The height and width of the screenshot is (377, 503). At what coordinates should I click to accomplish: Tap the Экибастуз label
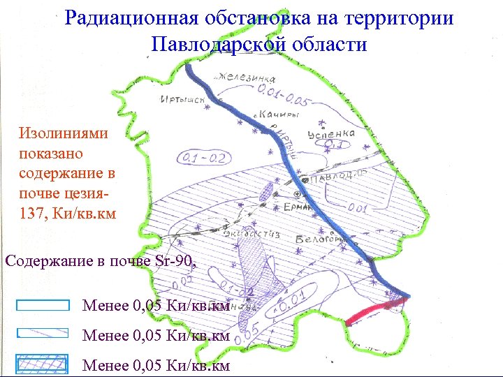(251, 235)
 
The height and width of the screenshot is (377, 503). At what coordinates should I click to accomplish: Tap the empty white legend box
(43, 305)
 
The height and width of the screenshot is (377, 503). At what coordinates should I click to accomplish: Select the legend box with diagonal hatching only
(43, 334)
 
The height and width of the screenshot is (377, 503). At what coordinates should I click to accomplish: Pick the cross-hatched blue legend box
(43, 364)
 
